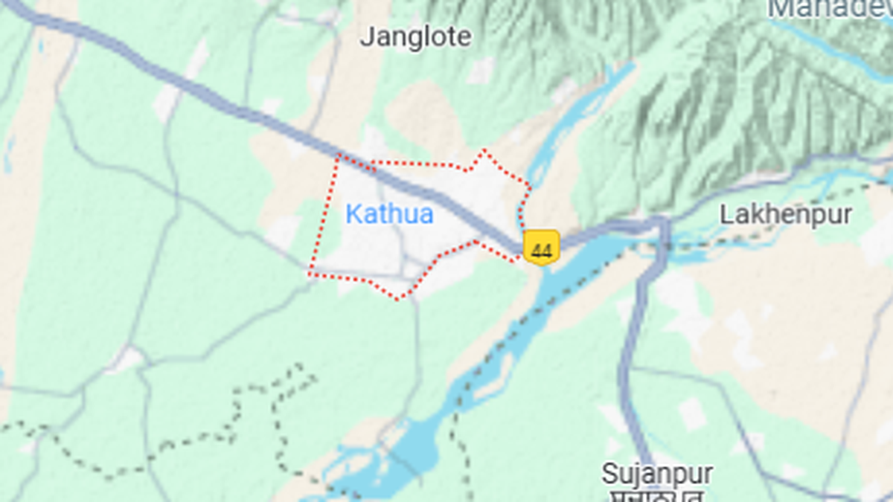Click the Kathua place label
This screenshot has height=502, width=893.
coord(389,215)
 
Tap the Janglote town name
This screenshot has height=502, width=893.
coord(415,37)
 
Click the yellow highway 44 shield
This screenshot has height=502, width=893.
coord(541,247)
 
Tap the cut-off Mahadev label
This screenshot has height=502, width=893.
coord(830,9)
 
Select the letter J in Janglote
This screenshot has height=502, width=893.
coord(367,37)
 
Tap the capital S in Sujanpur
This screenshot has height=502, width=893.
coord(609,474)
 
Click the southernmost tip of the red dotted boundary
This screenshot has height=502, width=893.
coord(398,299)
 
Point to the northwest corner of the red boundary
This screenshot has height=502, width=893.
coord(338,155)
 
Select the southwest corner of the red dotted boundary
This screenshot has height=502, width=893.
coord(310,274)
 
